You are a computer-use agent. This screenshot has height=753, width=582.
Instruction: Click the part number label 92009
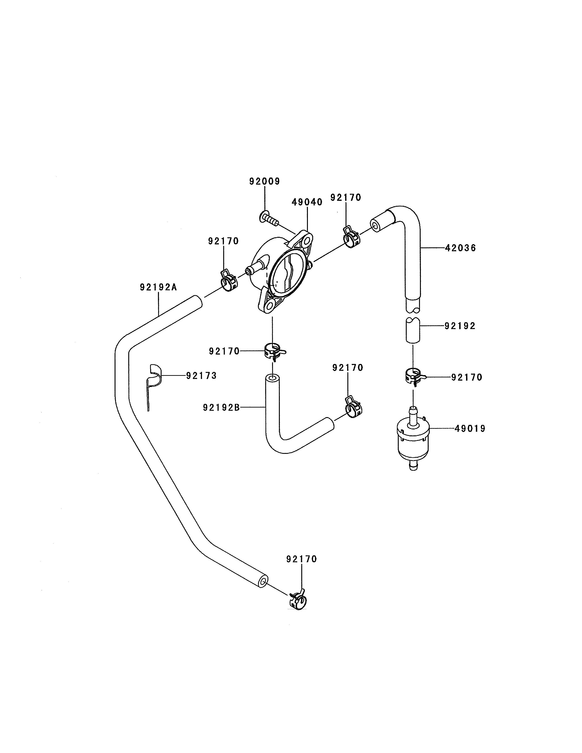click(x=265, y=181)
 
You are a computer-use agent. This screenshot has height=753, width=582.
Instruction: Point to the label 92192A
click(x=158, y=287)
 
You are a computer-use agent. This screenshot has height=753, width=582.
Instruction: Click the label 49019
click(x=470, y=429)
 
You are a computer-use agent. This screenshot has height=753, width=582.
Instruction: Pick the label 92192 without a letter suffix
click(x=460, y=326)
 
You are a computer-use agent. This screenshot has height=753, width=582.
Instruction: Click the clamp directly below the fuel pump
click(x=275, y=352)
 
